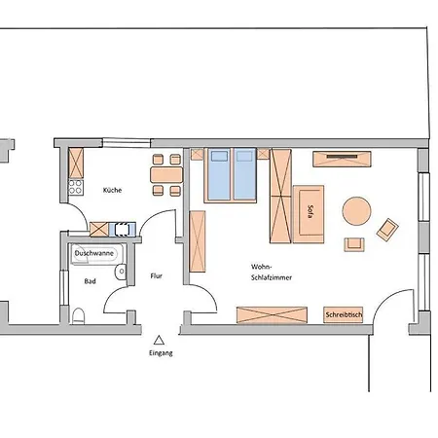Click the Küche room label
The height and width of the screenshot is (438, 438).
(x=112, y=190)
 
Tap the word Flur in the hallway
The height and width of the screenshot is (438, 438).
(x=157, y=276)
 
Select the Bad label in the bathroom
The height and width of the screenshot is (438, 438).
(x=90, y=281)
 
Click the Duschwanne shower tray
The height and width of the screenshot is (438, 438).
(x=96, y=254)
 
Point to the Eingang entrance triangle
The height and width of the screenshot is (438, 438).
(x=159, y=340)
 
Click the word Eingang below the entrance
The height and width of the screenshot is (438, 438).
(x=161, y=353)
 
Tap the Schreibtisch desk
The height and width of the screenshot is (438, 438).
(x=344, y=314)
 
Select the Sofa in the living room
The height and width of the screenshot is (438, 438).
(x=309, y=214)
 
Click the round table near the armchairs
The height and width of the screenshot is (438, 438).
(x=356, y=211)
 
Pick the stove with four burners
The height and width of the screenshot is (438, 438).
(x=76, y=187)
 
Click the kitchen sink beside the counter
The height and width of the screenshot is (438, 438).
(x=123, y=229)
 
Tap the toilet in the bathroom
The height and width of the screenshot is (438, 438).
(x=79, y=316)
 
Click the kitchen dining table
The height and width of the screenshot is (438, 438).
(x=166, y=175)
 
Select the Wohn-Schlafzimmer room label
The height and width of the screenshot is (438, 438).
(x=272, y=273)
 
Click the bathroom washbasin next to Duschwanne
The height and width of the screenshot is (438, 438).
(x=121, y=272)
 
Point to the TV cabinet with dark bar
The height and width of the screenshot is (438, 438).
(x=342, y=159)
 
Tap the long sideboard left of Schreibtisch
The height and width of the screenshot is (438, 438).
(x=272, y=315)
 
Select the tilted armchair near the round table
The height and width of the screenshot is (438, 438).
(x=387, y=230)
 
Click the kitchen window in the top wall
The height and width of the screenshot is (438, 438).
(x=127, y=143)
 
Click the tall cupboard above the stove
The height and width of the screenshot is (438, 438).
(x=76, y=164)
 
